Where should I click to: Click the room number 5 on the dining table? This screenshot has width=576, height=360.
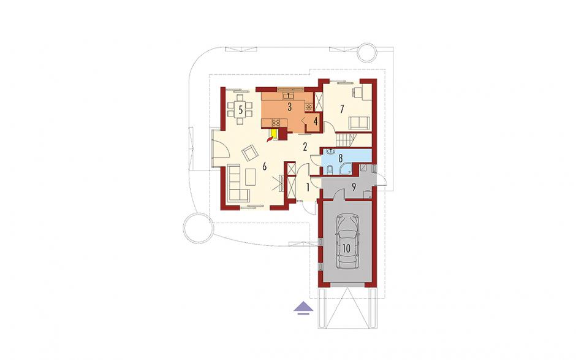click(x=240, y=110)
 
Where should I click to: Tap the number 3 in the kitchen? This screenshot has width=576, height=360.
click(x=289, y=107)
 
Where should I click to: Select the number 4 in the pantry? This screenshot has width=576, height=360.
click(x=315, y=120)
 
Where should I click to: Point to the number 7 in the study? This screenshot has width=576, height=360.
click(x=342, y=109)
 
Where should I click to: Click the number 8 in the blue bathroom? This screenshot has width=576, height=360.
click(x=341, y=158)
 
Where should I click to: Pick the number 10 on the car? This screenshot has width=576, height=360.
click(x=346, y=248)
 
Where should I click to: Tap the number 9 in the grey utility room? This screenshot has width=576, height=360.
click(x=354, y=187)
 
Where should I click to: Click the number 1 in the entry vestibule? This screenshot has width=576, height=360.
click(x=308, y=188)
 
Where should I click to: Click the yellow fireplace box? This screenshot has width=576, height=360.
click(x=274, y=132)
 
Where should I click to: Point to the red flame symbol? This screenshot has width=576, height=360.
click(x=271, y=139)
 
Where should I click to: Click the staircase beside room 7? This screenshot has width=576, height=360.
click(x=346, y=140)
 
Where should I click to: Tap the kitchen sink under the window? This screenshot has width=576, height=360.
click(x=289, y=96)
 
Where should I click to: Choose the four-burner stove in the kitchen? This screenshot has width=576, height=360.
click(x=276, y=122)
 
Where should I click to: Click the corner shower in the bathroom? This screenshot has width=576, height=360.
click(x=346, y=169)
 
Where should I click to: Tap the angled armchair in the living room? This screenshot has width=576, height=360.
click(x=250, y=152)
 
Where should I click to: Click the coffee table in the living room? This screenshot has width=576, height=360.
click(x=251, y=177)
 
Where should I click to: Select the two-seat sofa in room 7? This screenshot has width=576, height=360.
click(x=359, y=123)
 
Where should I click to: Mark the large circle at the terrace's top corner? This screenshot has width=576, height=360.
click(x=367, y=52)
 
